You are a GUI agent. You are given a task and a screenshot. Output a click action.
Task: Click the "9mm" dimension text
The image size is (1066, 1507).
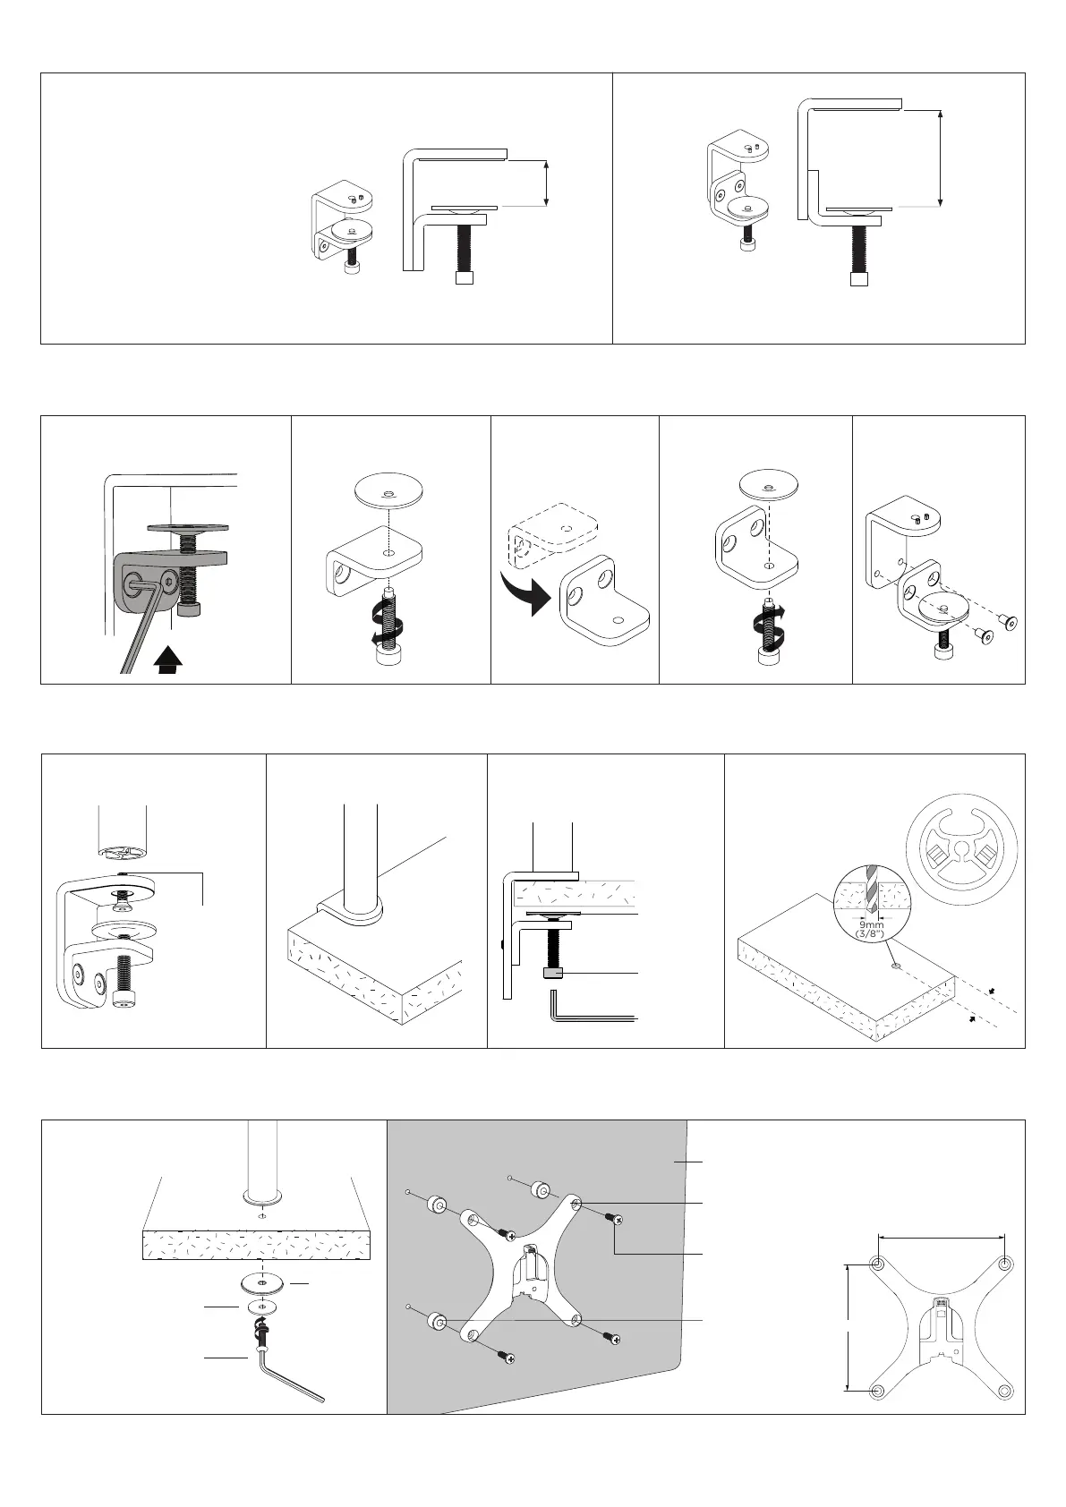click(872, 925)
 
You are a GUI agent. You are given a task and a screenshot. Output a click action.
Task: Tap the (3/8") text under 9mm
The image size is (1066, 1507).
click(872, 933)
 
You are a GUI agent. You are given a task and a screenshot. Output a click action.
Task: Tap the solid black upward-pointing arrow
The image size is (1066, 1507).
click(168, 660)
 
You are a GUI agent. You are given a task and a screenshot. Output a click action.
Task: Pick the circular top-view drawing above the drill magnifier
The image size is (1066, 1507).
click(961, 850)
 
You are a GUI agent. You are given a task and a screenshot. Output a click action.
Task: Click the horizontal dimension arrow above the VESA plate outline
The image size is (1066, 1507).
click(941, 1237)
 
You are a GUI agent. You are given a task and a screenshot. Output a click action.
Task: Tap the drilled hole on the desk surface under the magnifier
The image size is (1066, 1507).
click(894, 966)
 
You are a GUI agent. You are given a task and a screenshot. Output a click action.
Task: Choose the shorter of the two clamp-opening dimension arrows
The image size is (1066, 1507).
click(547, 183)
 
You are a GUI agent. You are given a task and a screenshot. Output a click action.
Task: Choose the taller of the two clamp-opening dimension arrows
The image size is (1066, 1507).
click(940, 158)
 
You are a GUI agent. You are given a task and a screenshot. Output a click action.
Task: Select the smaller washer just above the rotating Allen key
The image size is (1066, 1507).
click(261, 1307)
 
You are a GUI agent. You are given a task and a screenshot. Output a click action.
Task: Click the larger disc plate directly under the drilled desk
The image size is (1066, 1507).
click(263, 1283)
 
